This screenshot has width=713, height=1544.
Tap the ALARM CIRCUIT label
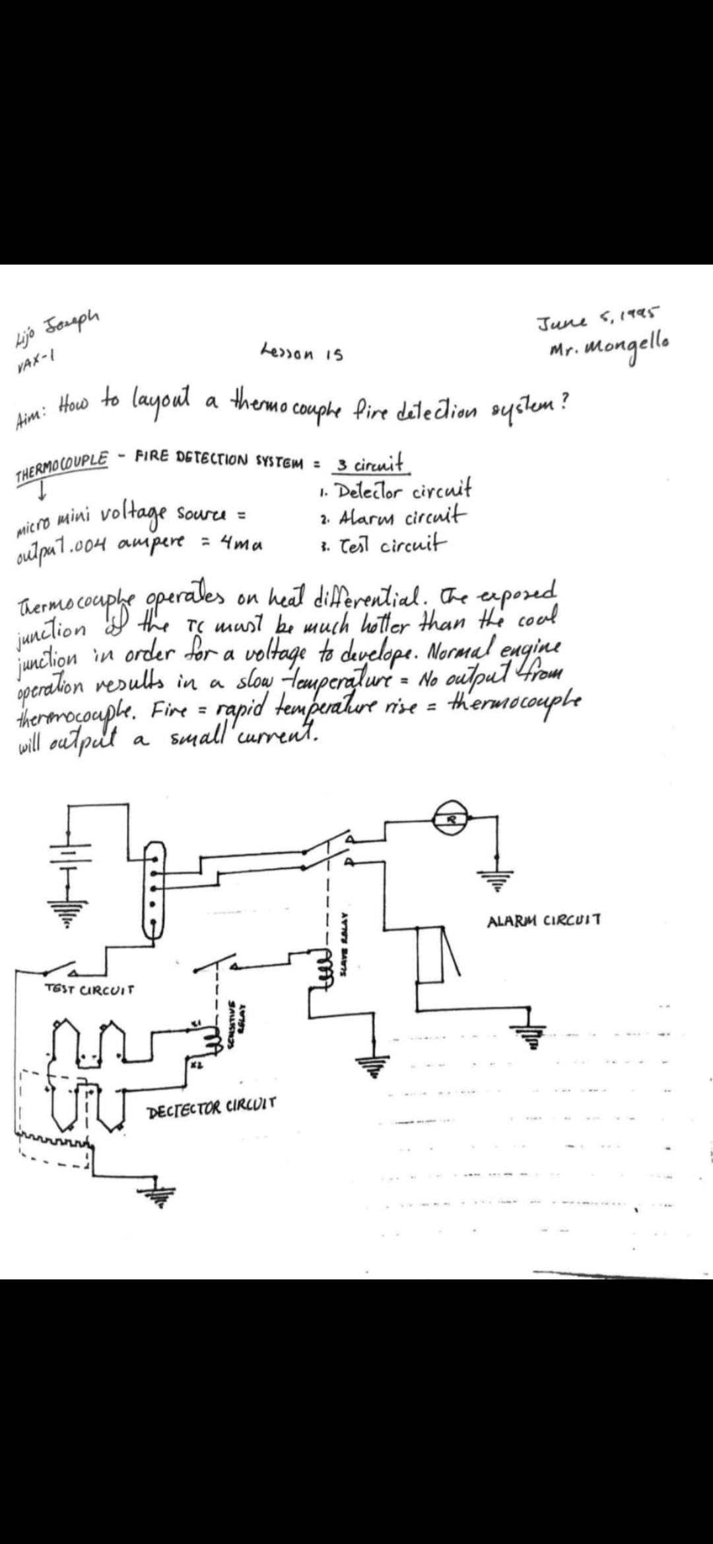(543, 920)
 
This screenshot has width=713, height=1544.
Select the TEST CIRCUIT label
(89, 989)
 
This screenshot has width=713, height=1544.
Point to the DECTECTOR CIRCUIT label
(212, 1105)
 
